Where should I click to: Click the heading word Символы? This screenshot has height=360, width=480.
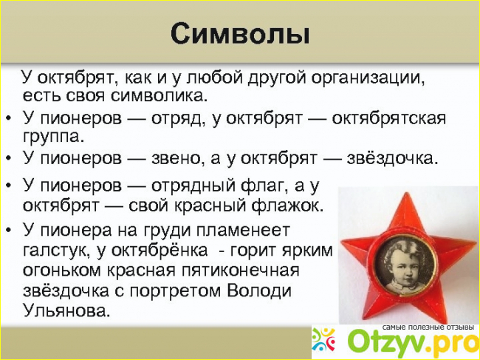point(240,34)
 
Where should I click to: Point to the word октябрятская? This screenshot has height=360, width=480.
point(388,118)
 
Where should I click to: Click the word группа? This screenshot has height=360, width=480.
point(53,137)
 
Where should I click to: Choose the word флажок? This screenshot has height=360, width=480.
point(287,206)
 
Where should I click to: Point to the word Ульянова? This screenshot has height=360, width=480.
point(66,310)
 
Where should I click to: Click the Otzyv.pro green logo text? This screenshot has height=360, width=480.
point(414,342)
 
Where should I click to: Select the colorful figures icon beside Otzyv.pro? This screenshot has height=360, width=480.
point(324,340)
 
